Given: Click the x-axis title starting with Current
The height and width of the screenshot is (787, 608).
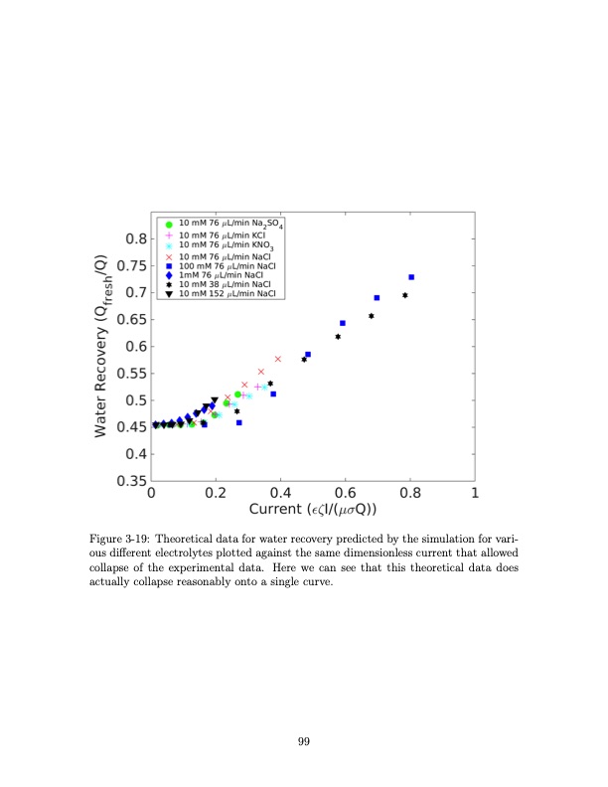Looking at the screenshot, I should (313, 512).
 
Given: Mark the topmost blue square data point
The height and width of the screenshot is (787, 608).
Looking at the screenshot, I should (411, 277).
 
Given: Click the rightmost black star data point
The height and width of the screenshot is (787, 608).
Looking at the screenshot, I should (405, 295).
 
